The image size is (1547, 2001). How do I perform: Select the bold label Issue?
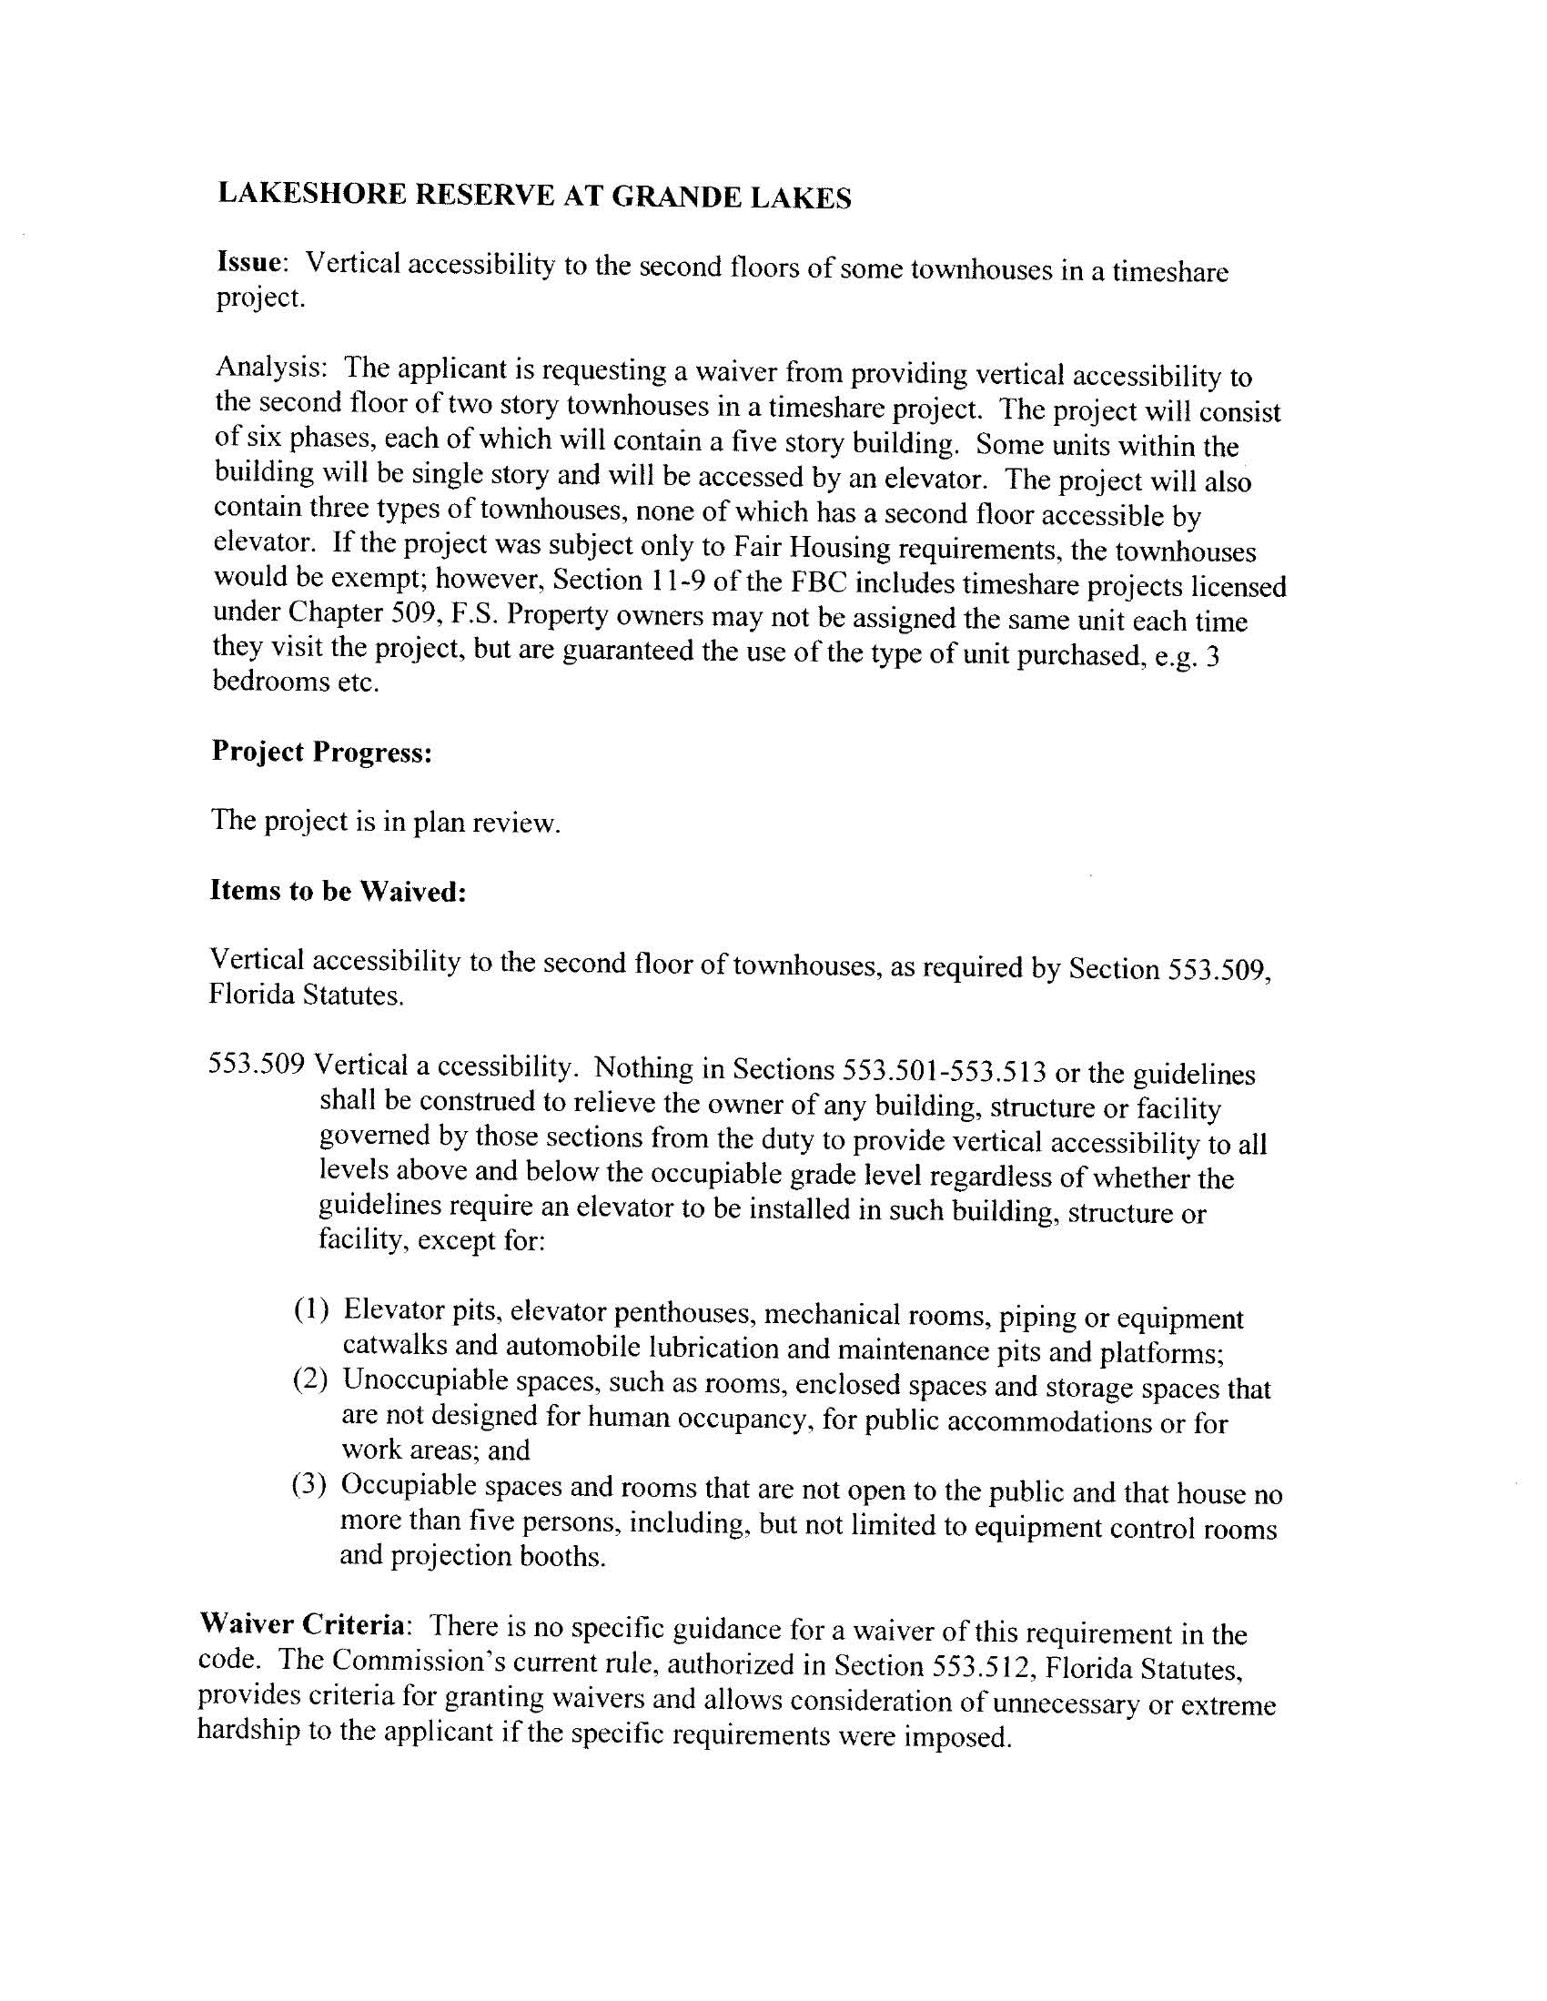248,263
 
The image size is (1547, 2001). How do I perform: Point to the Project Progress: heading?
321,752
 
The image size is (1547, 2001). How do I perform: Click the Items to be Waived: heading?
339,891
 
